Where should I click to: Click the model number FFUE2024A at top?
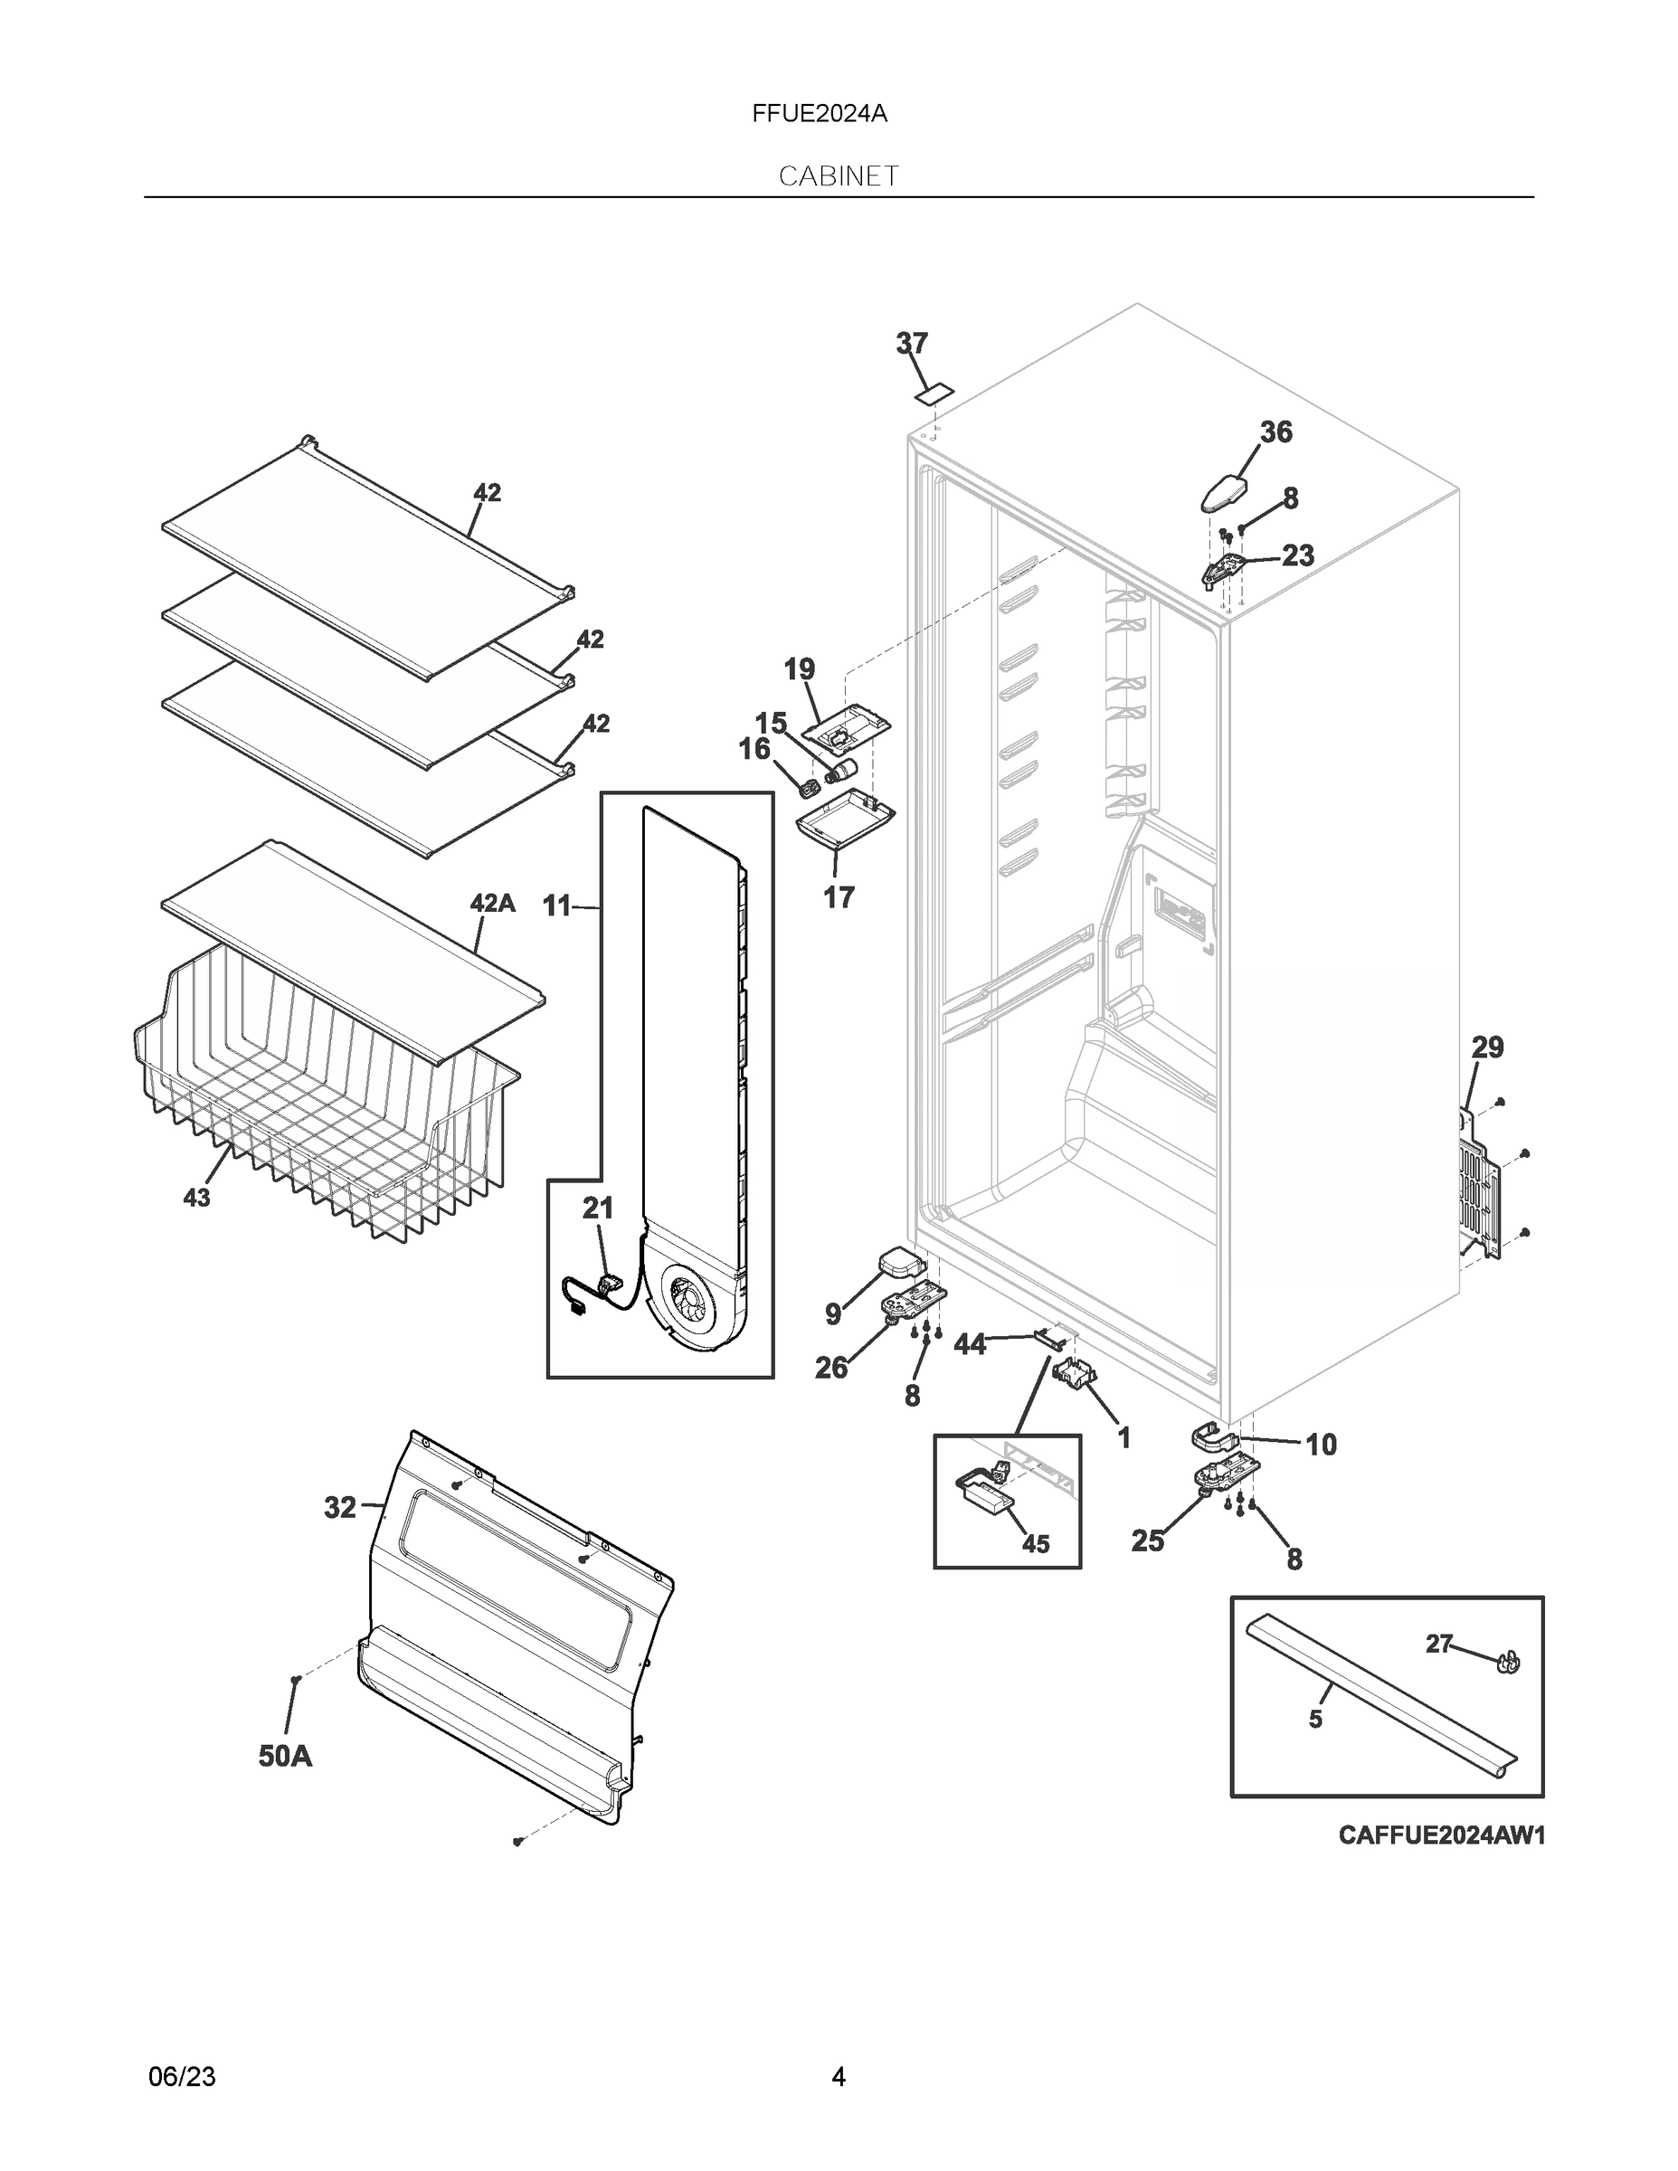820,114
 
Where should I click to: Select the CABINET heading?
838,176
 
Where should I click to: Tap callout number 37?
912,343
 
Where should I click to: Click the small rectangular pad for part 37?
934,394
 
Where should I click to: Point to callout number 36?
1276,431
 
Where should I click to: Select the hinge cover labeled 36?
1228,492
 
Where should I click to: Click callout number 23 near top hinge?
1298,555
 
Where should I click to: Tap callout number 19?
800,669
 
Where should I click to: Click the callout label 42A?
492,904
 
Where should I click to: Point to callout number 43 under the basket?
197,1198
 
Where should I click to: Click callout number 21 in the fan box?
597,1208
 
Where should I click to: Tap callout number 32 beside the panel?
340,1508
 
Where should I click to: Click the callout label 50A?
285,1757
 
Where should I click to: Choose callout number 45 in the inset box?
1036,1544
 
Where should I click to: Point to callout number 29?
1487,1047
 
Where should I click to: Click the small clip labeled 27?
1508,1661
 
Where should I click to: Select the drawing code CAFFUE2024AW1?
1441,1835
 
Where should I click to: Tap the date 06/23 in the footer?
182,2076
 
